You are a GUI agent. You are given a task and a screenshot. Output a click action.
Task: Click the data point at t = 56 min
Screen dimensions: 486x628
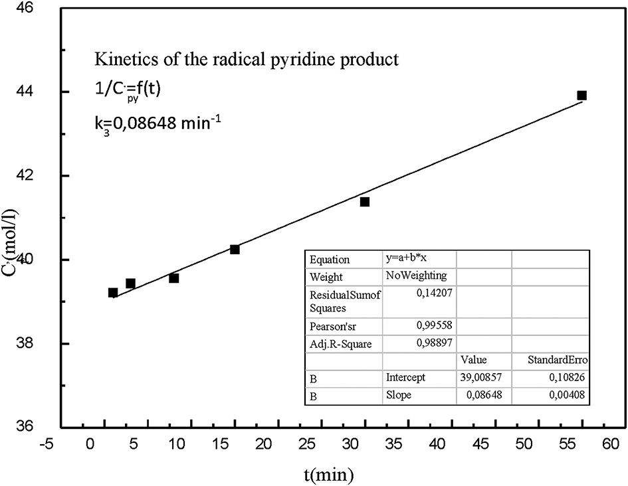tap(581, 96)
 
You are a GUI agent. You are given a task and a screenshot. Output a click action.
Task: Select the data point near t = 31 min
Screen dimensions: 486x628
tap(365, 202)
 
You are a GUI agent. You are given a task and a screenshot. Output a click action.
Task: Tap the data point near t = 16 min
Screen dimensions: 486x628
tap(235, 249)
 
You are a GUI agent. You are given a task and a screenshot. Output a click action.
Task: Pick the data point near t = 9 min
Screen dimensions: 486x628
tap(173, 278)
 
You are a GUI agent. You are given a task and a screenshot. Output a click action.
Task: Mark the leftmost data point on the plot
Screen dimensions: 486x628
tap(113, 293)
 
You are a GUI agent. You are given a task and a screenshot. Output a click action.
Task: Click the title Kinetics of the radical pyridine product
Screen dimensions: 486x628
tap(246, 59)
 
